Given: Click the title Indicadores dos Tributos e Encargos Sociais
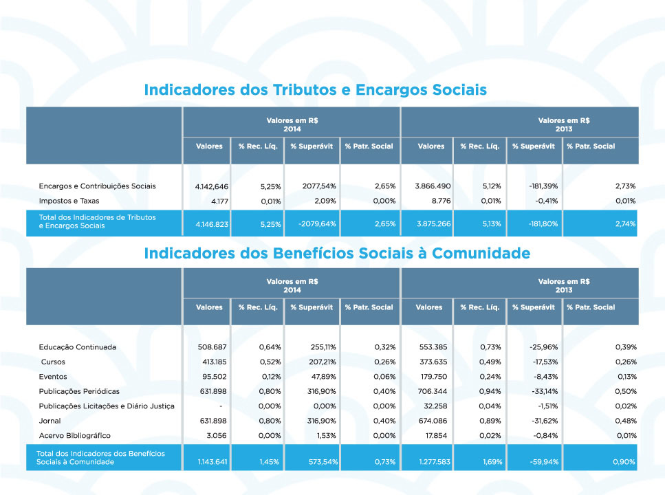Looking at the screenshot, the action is click(x=315, y=90).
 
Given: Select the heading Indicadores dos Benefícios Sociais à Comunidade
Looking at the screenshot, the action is click(x=337, y=253).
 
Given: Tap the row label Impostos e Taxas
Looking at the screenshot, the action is click(x=69, y=201).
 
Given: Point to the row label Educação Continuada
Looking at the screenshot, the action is click(x=78, y=347).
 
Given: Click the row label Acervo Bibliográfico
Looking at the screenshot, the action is click(x=75, y=436).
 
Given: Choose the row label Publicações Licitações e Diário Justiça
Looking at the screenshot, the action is click(x=107, y=406).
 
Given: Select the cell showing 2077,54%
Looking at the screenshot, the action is click(x=319, y=186).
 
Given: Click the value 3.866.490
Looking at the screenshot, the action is click(x=433, y=186).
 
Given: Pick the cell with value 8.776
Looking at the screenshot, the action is click(x=441, y=201).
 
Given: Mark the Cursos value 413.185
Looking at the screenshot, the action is click(x=214, y=362).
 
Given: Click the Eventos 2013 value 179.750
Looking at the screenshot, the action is click(x=433, y=377).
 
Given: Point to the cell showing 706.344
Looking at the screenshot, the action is click(x=433, y=391).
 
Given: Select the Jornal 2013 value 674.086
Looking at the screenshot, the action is click(x=433, y=421).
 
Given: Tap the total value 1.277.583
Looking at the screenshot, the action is click(x=435, y=461).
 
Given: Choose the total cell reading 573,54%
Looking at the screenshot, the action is click(x=323, y=461).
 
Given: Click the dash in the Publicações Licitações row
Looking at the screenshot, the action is click(x=221, y=406).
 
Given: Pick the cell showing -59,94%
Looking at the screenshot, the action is click(x=544, y=461).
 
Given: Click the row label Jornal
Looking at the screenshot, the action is click(x=50, y=421).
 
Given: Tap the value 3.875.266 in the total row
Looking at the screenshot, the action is click(x=433, y=223).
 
